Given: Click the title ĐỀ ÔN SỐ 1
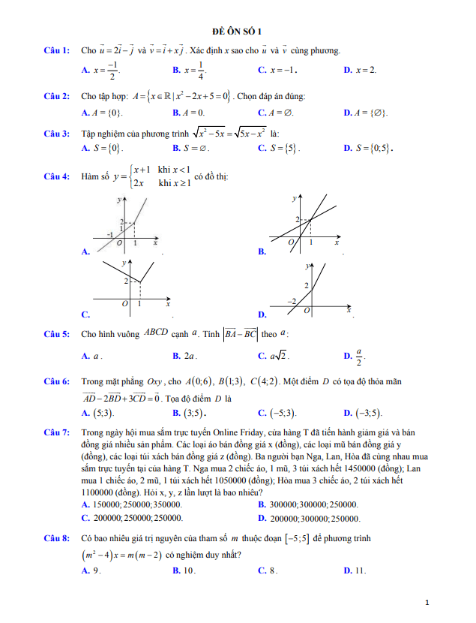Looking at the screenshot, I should point(238,31).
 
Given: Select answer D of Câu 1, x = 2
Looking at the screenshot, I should point(360,70).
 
